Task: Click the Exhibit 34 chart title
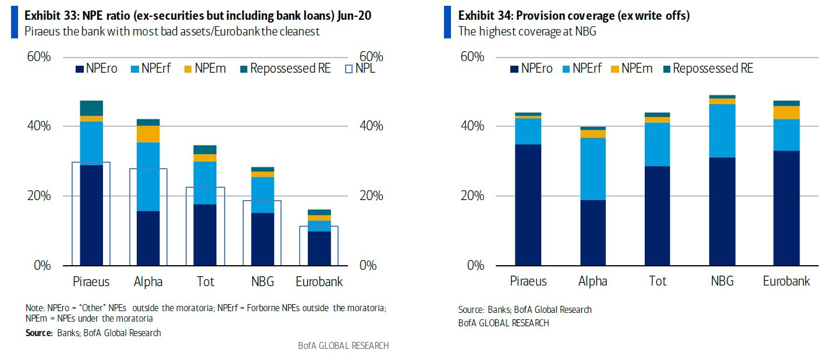[x=574, y=16]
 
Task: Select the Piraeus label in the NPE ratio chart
[x=91, y=281]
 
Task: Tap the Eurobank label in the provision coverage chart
[x=786, y=281]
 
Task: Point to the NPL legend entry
[x=360, y=69]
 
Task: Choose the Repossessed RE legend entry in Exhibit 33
[x=285, y=69]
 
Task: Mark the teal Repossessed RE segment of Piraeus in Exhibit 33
[x=91, y=108]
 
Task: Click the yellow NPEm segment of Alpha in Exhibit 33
[x=148, y=134]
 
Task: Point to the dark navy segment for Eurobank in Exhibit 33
[x=319, y=248]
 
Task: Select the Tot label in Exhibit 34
[x=658, y=281]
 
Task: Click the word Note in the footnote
[x=35, y=308]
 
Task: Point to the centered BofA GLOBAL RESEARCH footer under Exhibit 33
[x=343, y=345]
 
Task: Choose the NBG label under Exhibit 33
[x=262, y=281]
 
